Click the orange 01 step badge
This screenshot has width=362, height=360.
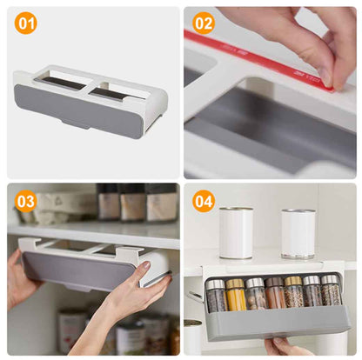tap(26, 23)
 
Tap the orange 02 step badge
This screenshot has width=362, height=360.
tap(204, 23)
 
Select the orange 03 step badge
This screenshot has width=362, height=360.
tap(26, 201)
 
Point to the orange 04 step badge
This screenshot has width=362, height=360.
tap(204, 201)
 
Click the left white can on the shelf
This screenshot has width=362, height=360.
tap(236, 232)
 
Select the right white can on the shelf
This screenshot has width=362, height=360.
tap(298, 234)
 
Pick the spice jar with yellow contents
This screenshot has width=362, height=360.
tap(236, 295)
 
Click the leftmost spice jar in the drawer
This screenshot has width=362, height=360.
tap(216, 296)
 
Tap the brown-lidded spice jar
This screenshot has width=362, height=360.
tap(275, 293)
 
